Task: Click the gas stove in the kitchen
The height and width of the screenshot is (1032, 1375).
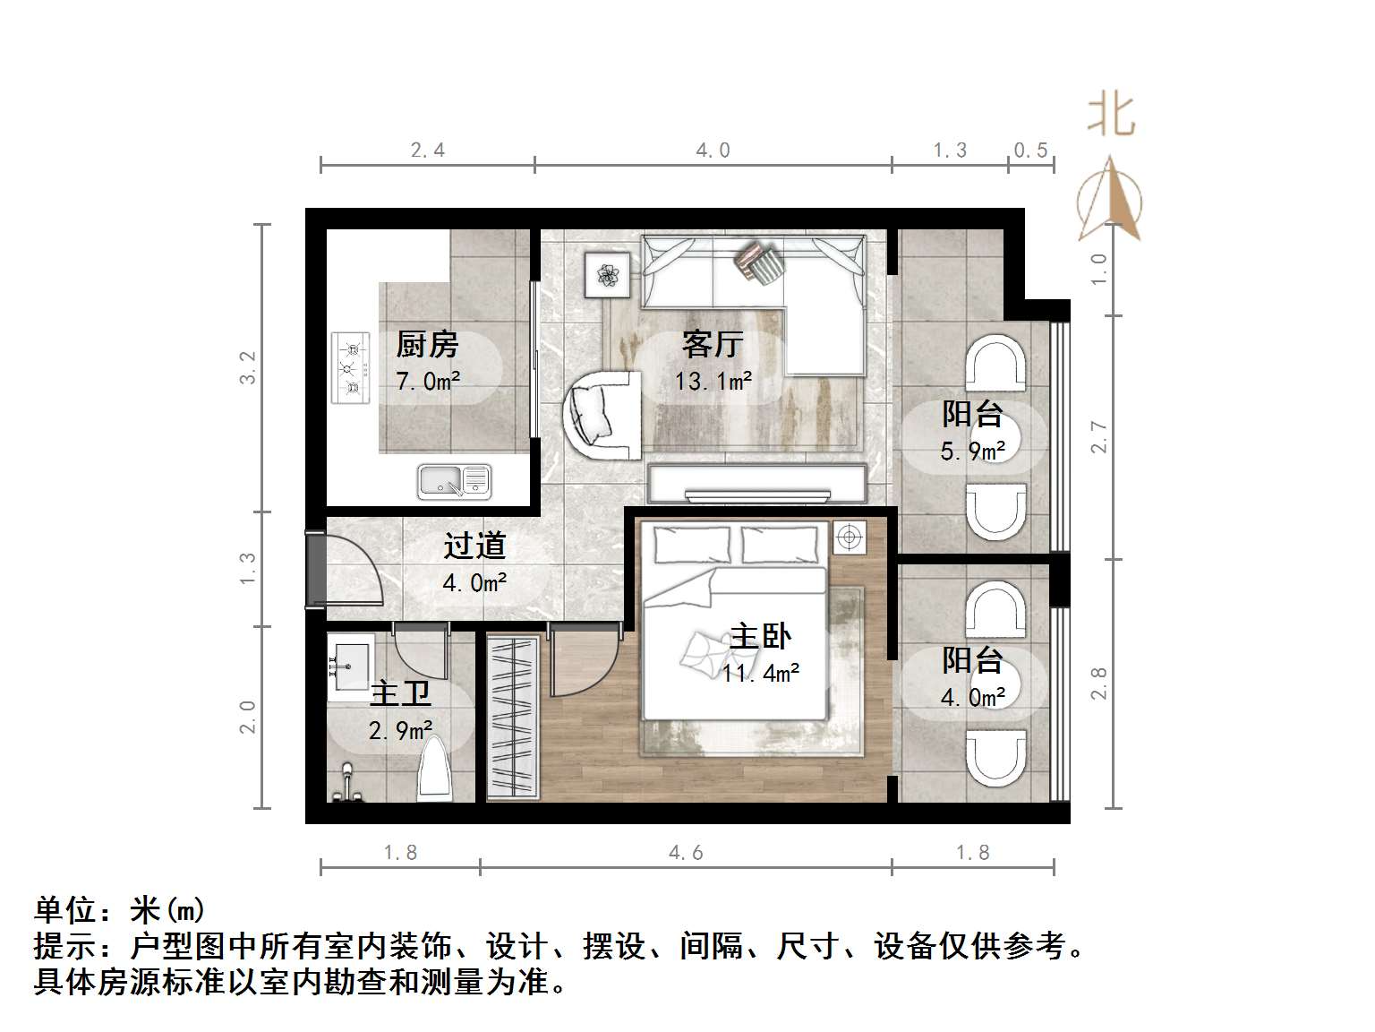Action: pyautogui.click(x=352, y=367)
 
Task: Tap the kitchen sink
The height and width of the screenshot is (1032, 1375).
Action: pyautogui.click(x=454, y=481)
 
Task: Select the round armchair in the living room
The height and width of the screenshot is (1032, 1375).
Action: pyautogui.click(x=602, y=414)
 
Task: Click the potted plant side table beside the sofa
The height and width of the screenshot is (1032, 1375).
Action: pyautogui.click(x=608, y=273)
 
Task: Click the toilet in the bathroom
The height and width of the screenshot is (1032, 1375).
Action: pyautogui.click(x=436, y=769)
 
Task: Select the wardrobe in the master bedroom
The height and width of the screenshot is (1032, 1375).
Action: pyautogui.click(x=514, y=717)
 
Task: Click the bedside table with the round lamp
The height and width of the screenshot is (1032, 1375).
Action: pyautogui.click(x=849, y=537)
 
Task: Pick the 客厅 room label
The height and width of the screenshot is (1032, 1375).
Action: pyautogui.click(x=713, y=344)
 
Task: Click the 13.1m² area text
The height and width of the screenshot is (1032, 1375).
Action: pyautogui.click(x=713, y=382)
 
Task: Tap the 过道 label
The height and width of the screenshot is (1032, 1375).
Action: pyautogui.click(x=474, y=546)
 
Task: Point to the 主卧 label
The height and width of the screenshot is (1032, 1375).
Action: pyautogui.click(x=760, y=637)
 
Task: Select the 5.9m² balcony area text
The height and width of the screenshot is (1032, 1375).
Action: pyautogui.click(x=973, y=451)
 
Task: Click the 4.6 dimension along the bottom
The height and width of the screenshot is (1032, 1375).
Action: pyautogui.click(x=686, y=853)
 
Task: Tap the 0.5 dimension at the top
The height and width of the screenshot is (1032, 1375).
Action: pyautogui.click(x=1030, y=150)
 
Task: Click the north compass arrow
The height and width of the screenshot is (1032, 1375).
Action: pyautogui.click(x=1111, y=199)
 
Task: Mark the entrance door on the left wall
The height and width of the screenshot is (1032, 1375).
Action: pyautogui.click(x=316, y=570)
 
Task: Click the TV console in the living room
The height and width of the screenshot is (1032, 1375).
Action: pyautogui.click(x=757, y=484)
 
